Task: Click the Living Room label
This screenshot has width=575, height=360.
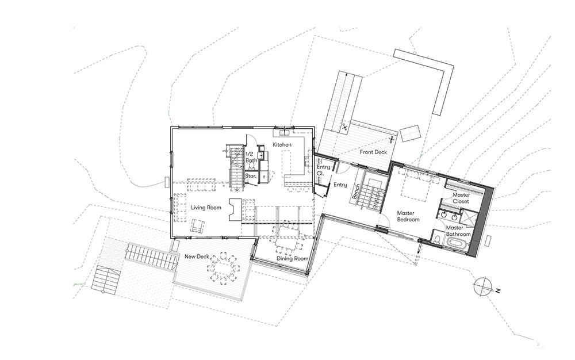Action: (206, 208)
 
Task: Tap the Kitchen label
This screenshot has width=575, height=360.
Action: (282, 144)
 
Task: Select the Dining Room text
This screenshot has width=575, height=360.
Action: (292, 258)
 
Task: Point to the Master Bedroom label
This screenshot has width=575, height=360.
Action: (408, 216)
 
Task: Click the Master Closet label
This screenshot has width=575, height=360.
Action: (461, 198)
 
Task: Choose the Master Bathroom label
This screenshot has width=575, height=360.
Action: (458, 231)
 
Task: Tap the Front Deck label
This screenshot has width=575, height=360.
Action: (373, 152)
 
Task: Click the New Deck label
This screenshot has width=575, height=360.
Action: (197, 256)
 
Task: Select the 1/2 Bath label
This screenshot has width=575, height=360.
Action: (251, 157)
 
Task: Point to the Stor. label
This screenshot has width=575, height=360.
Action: (251, 176)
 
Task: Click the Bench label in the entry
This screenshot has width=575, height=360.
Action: (355, 192)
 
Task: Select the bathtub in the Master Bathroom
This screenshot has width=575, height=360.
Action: (456, 244)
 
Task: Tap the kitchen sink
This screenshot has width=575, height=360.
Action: (285, 132)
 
